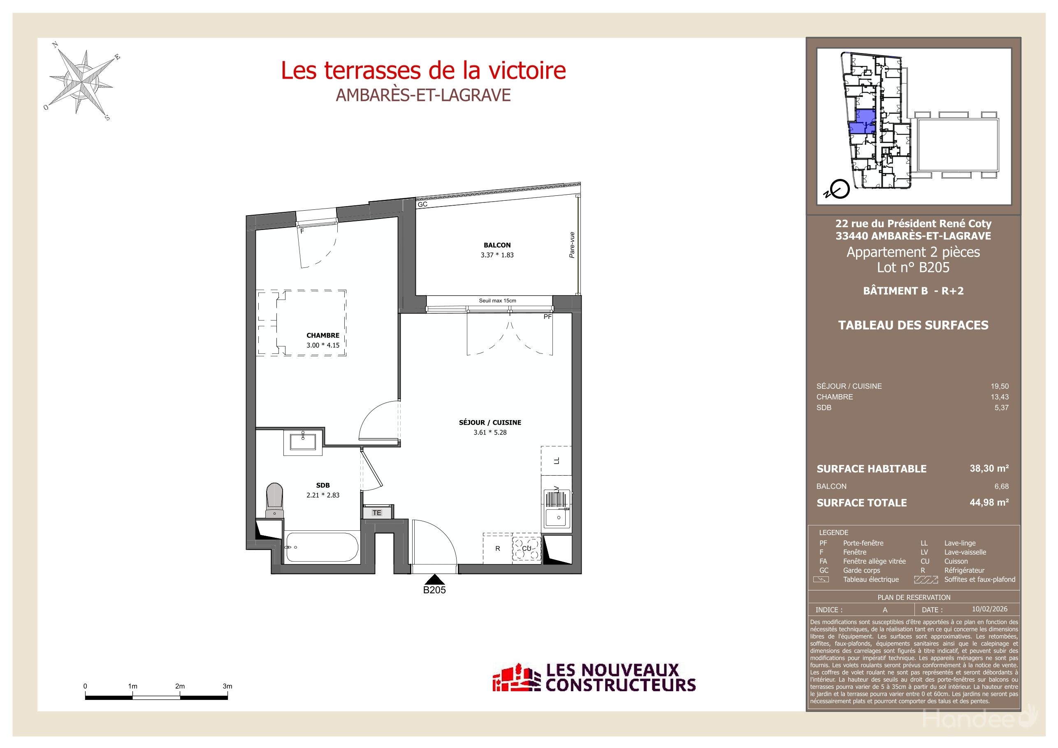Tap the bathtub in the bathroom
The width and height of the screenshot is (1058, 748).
(322, 547)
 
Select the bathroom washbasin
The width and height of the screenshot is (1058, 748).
(303, 441)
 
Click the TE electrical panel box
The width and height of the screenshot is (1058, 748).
(377, 513)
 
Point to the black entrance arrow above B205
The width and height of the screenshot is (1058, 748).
(434, 579)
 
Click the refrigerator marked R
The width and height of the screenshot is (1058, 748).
(497, 548)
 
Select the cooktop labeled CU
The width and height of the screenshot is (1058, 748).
(526, 548)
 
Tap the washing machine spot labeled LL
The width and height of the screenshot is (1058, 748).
(557, 460)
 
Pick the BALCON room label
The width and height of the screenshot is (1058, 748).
(497, 245)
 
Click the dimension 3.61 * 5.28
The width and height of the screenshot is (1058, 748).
(490, 432)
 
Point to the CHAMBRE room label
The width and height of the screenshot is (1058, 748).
(323, 335)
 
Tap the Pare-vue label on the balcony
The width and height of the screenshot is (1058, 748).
(572, 245)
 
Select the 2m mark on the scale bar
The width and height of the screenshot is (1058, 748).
(180, 686)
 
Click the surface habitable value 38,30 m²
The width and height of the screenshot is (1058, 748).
(989, 468)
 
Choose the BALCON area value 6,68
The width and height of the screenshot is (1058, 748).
(1001, 486)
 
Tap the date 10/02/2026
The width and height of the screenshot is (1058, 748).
(989, 609)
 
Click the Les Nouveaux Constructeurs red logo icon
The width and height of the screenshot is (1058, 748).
(516, 678)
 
